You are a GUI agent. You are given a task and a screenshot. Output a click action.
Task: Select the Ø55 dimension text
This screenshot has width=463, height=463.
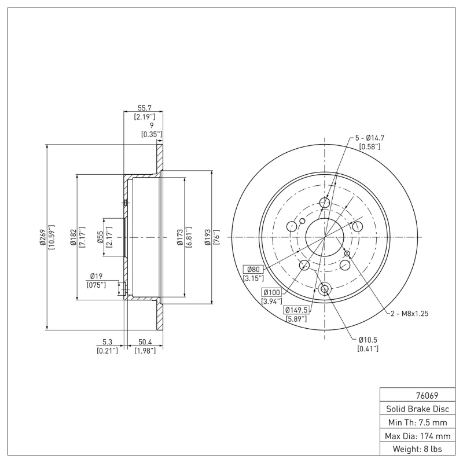[x=100, y=237]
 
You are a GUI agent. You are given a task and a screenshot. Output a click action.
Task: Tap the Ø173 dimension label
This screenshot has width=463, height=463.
[x=180, y=237]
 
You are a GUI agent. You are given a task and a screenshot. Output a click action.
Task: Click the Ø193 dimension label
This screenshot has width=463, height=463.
[x=208, y=237]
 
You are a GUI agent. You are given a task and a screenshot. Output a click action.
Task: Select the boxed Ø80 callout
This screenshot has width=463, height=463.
[x=254, y=269]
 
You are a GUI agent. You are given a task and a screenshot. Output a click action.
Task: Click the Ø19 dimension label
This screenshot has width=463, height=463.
[x=96, y=276]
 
